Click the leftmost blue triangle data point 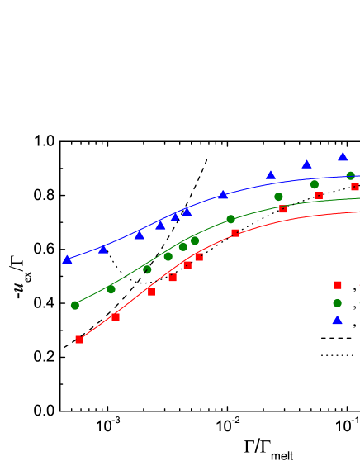click(67, 259)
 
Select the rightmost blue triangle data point click(343, 156)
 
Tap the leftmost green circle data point click(75, 305)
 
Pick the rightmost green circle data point click(351, 176)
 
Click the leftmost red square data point click(79, 340)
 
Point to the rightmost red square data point click(355, 187)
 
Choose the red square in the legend click(338, 285)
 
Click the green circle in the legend click(338, 303)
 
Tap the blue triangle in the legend click(338, 321)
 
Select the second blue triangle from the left click(103, 249)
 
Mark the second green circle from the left click(111, 289)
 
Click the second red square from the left click(116, 317)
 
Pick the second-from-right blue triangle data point click(307, 164)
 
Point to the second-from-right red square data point click(319, 196)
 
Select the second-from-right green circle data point click(315, 184)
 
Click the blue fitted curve click(248, 187)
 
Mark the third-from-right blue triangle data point click(270, 175)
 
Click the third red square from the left click(151, 292)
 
